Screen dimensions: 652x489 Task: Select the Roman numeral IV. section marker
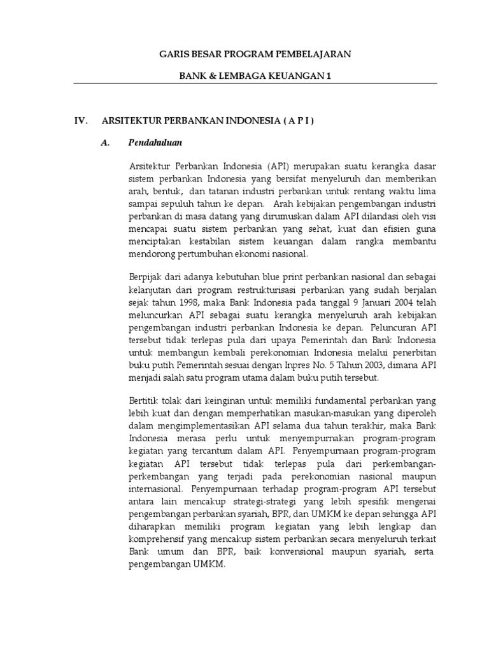(81, 120)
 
